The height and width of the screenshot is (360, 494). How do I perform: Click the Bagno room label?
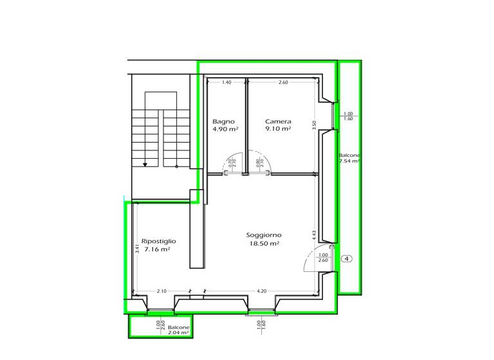point(224,121)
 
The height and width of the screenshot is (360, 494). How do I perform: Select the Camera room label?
point(278,121)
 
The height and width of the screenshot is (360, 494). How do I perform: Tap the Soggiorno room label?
point(264,235)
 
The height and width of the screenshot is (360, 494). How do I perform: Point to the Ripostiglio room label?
point(159,241)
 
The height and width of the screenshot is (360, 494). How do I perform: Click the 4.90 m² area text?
point(225,129)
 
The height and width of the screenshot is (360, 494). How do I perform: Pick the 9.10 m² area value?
point(278,129)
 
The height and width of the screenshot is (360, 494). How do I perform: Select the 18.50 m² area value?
point(264,244)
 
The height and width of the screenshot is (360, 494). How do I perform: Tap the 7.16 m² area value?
point(157,249)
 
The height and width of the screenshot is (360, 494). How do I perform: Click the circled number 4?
point(347,259)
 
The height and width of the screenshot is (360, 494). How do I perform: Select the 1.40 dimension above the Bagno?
point(226,82)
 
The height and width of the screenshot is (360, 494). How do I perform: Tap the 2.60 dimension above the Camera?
point(283,82)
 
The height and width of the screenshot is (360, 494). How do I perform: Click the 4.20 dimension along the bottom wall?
point(261,291)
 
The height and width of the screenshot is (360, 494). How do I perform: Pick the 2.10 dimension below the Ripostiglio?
point(161,291)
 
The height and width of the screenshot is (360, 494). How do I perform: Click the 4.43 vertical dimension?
point(314,235)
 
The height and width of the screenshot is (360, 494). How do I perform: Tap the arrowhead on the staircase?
point(145,164)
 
